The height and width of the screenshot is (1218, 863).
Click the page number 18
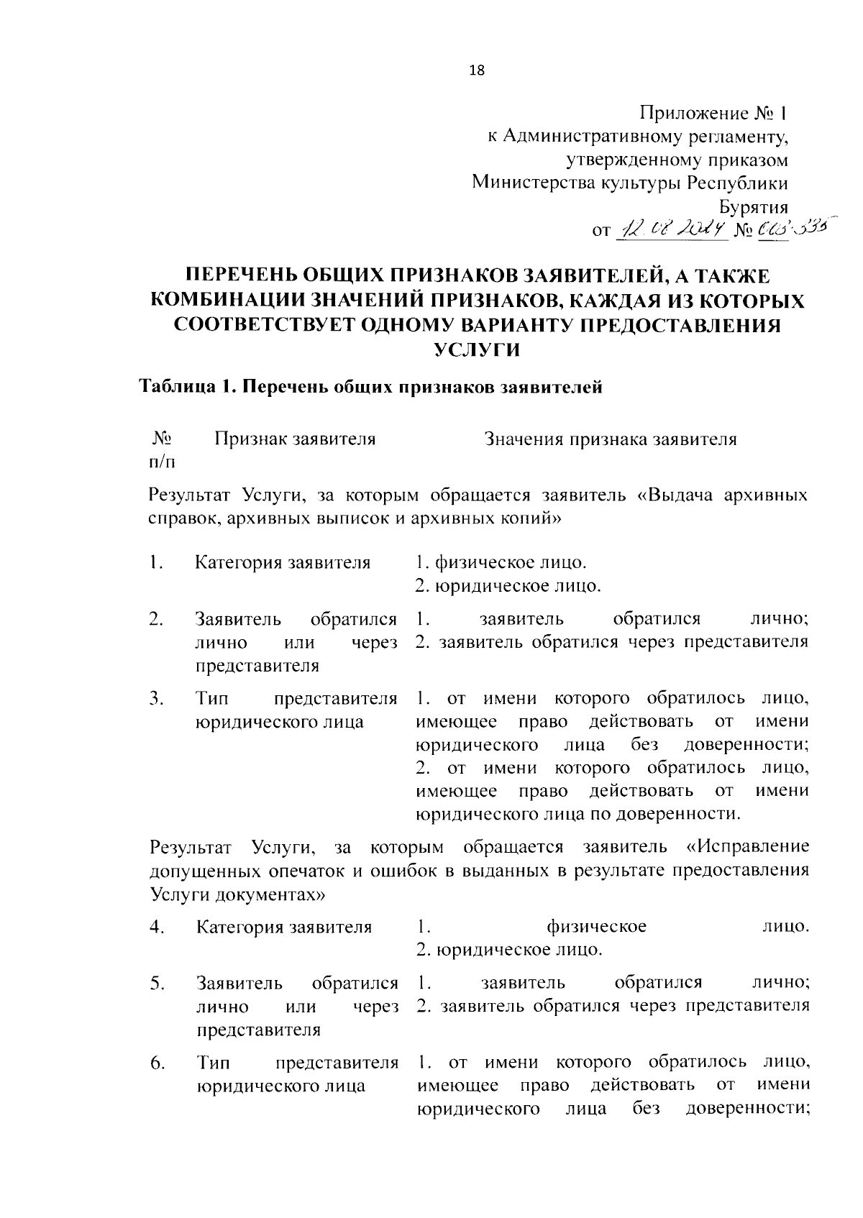pyautogui.click(x=477, y=70)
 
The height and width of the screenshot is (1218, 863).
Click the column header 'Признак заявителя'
pyautogui.click(x=295, y=439)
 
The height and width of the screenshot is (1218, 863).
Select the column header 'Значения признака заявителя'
pyautogui.click(x=611, y=439)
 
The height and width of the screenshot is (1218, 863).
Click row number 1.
pyautogui.click(x=155, y=562)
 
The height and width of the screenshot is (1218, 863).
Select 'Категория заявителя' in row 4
pyautogui.click(x=284, y=926)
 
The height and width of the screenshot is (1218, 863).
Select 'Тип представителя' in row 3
pyautogui.click(x=296, y=698)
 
